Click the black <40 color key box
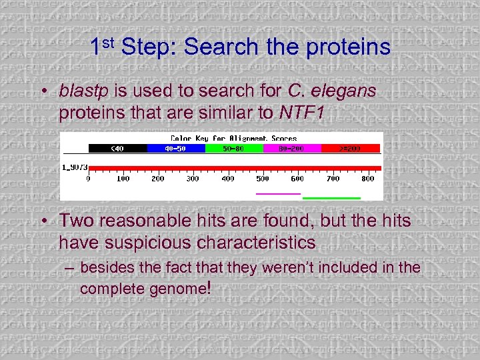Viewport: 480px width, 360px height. (117, 148)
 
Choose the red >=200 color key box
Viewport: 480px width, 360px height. (351, 148)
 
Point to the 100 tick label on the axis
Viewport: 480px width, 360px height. (123, 179)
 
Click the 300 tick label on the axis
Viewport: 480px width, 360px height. (193, 179)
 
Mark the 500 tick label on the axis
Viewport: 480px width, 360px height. (263, 179)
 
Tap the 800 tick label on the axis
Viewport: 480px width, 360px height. (367, 179)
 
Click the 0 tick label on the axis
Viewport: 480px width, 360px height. (89, 179)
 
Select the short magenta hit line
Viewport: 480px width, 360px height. (278, 193)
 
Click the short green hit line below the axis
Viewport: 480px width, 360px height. (331, 198)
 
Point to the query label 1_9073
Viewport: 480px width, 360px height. (75, 167)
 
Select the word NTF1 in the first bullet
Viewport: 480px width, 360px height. (302, 113)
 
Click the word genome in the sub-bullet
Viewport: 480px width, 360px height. (177, 289)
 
